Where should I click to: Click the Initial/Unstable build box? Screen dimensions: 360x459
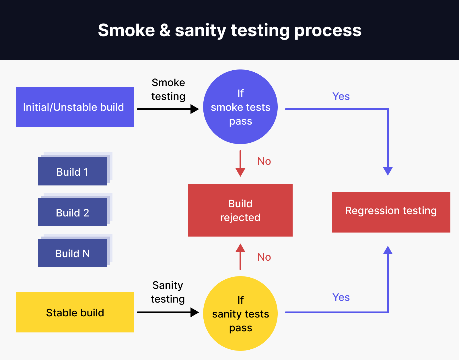pyautogui.click(x=75, y=107)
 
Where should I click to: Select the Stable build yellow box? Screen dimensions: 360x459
pyautogui.click(x=75, y=312)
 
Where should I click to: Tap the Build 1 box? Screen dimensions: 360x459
pyautogui.click(x=72, y=172)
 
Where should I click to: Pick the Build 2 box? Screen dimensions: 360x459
pyautogui.click(x=72, y=212)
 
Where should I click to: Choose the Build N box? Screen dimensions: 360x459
pyautogui.click(x=72, y=253)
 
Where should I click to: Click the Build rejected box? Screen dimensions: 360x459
pyautogui.click(x=240, y=210)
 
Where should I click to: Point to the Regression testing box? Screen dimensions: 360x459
pyautogui.click(x=391, y=212)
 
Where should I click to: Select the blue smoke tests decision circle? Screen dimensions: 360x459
pyautogui.click(x=240, y=107)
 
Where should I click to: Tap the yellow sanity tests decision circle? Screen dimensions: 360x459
pyautogui.click(x=240, y=313)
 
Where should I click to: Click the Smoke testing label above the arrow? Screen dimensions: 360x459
pyautogui.click(x=168, y=89)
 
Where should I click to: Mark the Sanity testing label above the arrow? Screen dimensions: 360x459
pyautogui.click(x=168, y=292)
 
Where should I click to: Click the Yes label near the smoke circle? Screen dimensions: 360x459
pyautogui.click(x=341, y=96)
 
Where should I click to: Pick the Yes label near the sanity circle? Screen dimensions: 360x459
pyautogui.click(x=341, y=297)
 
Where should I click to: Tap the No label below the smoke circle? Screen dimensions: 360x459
pyautogui.click(x=264, y=161)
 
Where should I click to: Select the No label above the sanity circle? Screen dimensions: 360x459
pyautogui.click(x=264, y=257)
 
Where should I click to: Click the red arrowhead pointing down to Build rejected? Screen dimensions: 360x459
pyautogui.click(x=240, y=172)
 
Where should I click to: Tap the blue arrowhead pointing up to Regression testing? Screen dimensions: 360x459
pyautogui.click(x=388, y=251)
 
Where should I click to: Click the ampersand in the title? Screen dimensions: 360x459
pyautogui.click(x=165, y=30)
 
